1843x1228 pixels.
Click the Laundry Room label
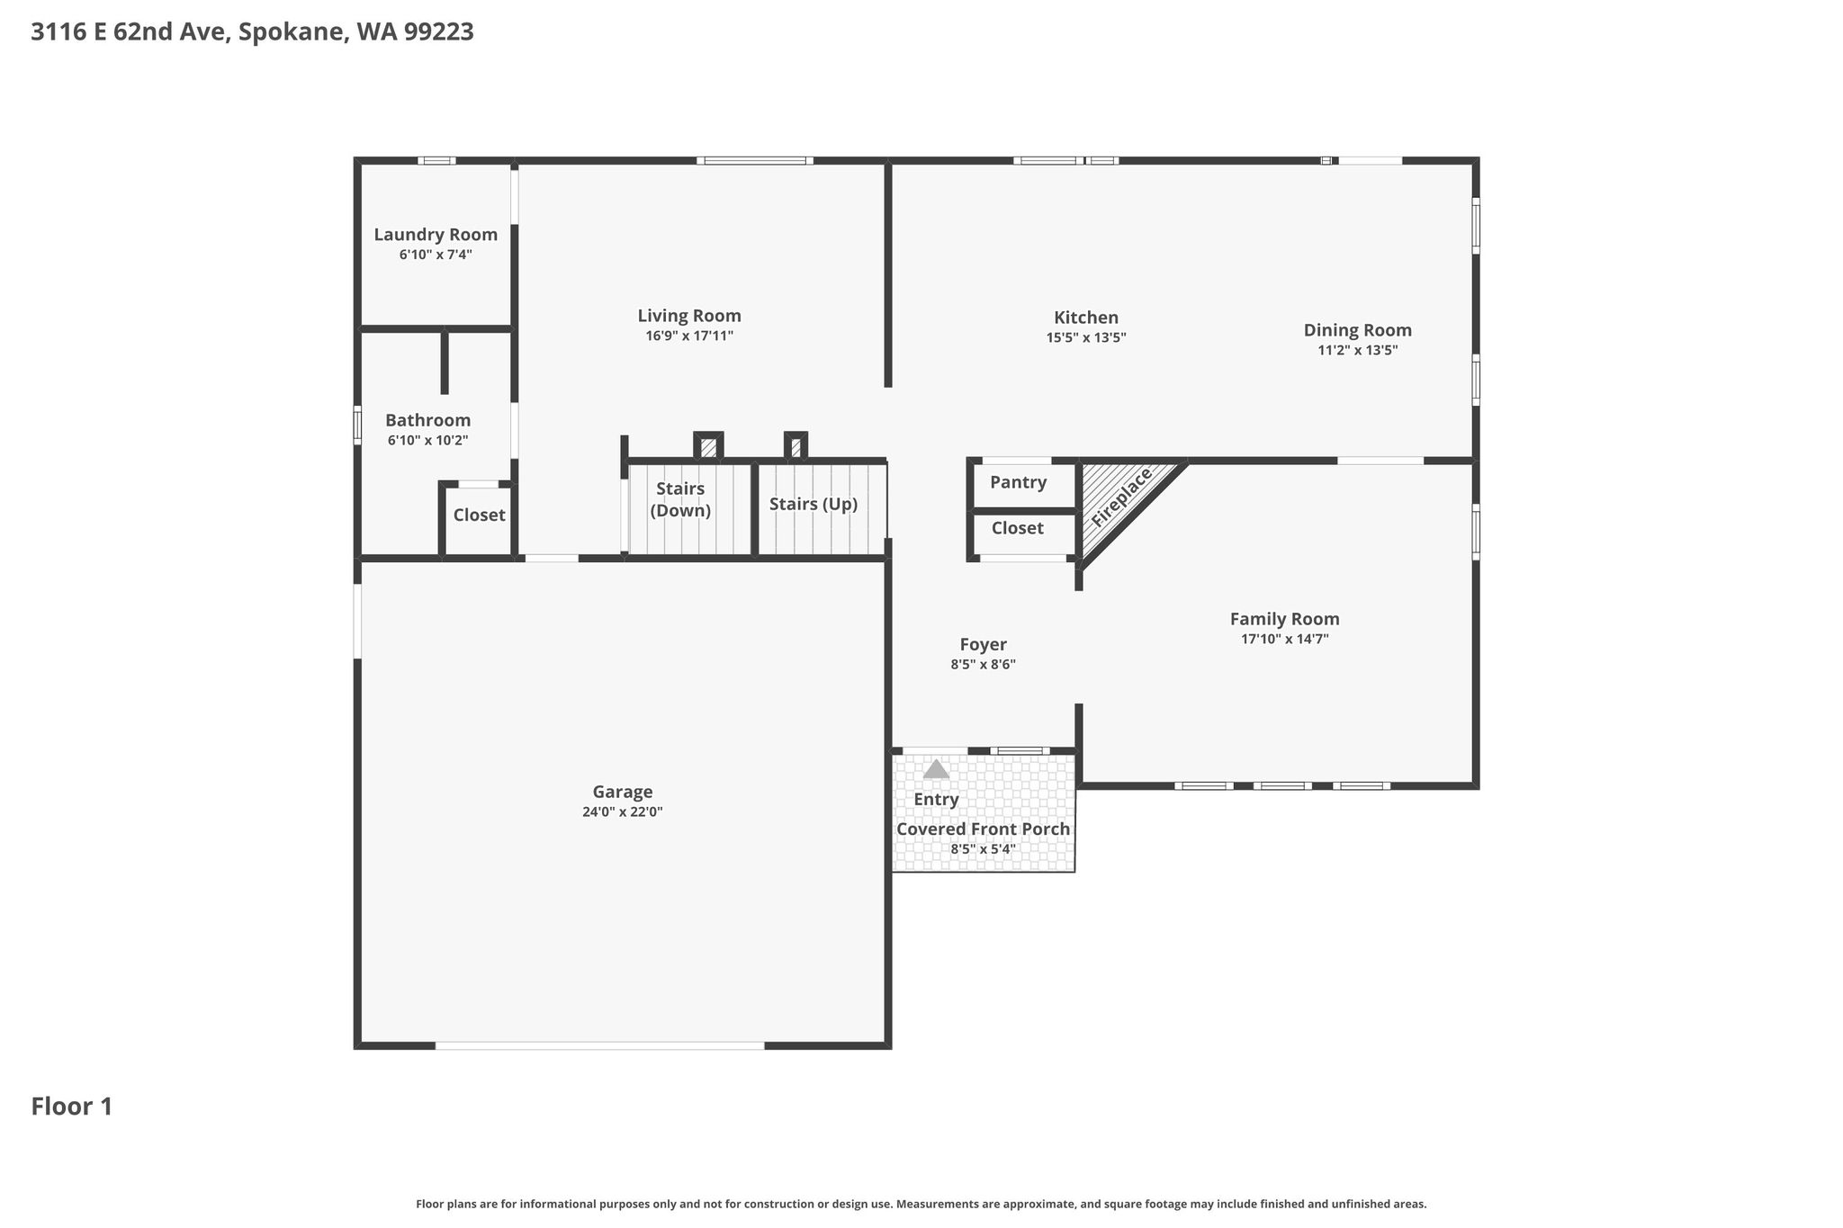(x=436, y=235)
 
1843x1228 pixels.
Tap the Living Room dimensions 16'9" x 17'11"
(x=689, y=336)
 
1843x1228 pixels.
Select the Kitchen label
(x=1086, y=318)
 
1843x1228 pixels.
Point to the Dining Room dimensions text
(x=1357, y=350)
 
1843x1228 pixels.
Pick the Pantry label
(x=1018, y=482)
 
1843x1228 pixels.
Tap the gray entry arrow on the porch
(x=936, y=769)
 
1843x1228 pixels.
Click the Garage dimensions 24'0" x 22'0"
(x=623, y=811)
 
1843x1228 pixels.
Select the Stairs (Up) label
(x=814, y=504)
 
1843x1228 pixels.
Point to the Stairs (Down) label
(x=680, y=499)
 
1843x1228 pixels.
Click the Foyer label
(x=983, y=644)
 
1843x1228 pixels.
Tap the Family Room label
(x=1284, y=619)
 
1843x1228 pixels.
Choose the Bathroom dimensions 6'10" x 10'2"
(x=428, y=441)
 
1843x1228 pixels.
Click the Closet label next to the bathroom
(x=479, y=515)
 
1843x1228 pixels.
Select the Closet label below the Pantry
(x=1018, y=528)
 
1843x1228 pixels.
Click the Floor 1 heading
(x=72, y=1107)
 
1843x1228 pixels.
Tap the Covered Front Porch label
(x=984, y=829)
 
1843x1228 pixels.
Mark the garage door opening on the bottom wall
(x=600, y=1045)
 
